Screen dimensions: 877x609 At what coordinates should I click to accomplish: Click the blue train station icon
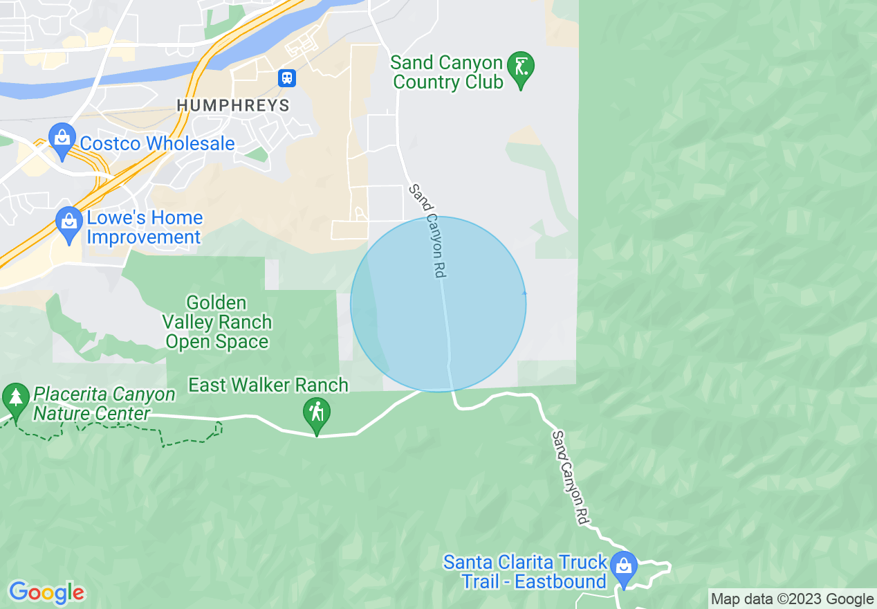tap(287, 78)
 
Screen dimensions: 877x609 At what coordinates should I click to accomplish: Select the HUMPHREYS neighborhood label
tap(232, 105)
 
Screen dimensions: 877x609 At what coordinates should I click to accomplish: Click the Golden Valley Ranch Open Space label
tap(217, 322)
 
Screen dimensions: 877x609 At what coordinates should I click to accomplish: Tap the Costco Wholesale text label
tap(158, 144)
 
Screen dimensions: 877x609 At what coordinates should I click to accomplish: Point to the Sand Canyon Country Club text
tap(447, 73)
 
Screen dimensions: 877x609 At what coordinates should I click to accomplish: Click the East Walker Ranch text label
tap(268, 385)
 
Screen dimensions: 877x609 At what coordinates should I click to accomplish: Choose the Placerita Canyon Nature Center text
tap(104, 404)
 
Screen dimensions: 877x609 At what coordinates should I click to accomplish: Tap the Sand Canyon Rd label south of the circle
tap(572, 476)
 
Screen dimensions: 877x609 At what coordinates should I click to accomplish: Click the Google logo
tap(47, 593)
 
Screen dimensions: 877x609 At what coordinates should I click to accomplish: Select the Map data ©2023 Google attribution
tap(793, 599)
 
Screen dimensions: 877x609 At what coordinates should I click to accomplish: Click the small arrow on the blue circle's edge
tap(524, 293)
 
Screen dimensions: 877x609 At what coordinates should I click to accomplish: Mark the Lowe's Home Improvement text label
tap(145, 228)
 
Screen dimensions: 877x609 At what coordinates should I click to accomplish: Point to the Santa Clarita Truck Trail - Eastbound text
tap(526, 572)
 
